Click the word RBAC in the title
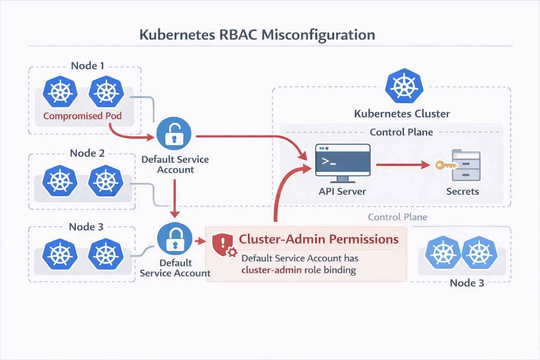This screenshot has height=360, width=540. [235, 35]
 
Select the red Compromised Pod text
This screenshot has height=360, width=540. [82, 116]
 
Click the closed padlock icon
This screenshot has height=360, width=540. [174, 239]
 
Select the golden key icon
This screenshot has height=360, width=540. [444, 165]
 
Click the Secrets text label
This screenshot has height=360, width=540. [463, 191]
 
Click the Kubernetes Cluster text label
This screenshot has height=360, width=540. [402, 113]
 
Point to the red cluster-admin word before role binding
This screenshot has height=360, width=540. [269, 270]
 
